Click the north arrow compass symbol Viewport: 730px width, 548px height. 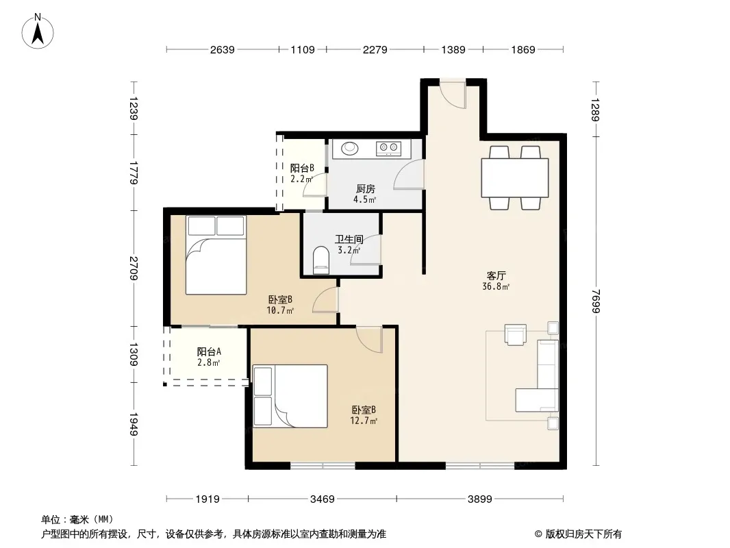(x=38, y=32)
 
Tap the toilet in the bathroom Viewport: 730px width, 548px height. (x=320, y=260)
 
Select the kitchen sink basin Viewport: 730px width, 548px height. (x=350, y=148)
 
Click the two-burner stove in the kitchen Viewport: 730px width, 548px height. (x=388, y=149)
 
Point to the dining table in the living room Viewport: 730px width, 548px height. (x=515, y=178)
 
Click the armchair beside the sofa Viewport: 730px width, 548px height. (x=516, y=335)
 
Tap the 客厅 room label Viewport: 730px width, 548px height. (x=496, y=275)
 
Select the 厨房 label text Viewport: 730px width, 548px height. (x=366, y=188)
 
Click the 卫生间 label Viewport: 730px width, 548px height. (x=349, y=239)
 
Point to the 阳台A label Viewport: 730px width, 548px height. (x=209, y=351)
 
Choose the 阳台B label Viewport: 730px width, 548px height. (x=302, y=168)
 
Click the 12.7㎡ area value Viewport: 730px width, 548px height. (x=364, y=421)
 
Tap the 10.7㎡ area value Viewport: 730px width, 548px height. (x=280, y=310)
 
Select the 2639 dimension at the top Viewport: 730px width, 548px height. (x=222, y=49)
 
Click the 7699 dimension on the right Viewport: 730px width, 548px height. (x=596, y=301)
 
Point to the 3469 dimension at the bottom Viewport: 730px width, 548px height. (x=322, y=499)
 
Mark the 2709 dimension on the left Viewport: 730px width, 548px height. (x=134, y=269)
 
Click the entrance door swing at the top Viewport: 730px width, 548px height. (x=453, y=96)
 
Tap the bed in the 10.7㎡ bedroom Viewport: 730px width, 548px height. (x=216, y=255)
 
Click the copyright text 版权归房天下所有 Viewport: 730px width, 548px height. (x=583, y=534)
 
